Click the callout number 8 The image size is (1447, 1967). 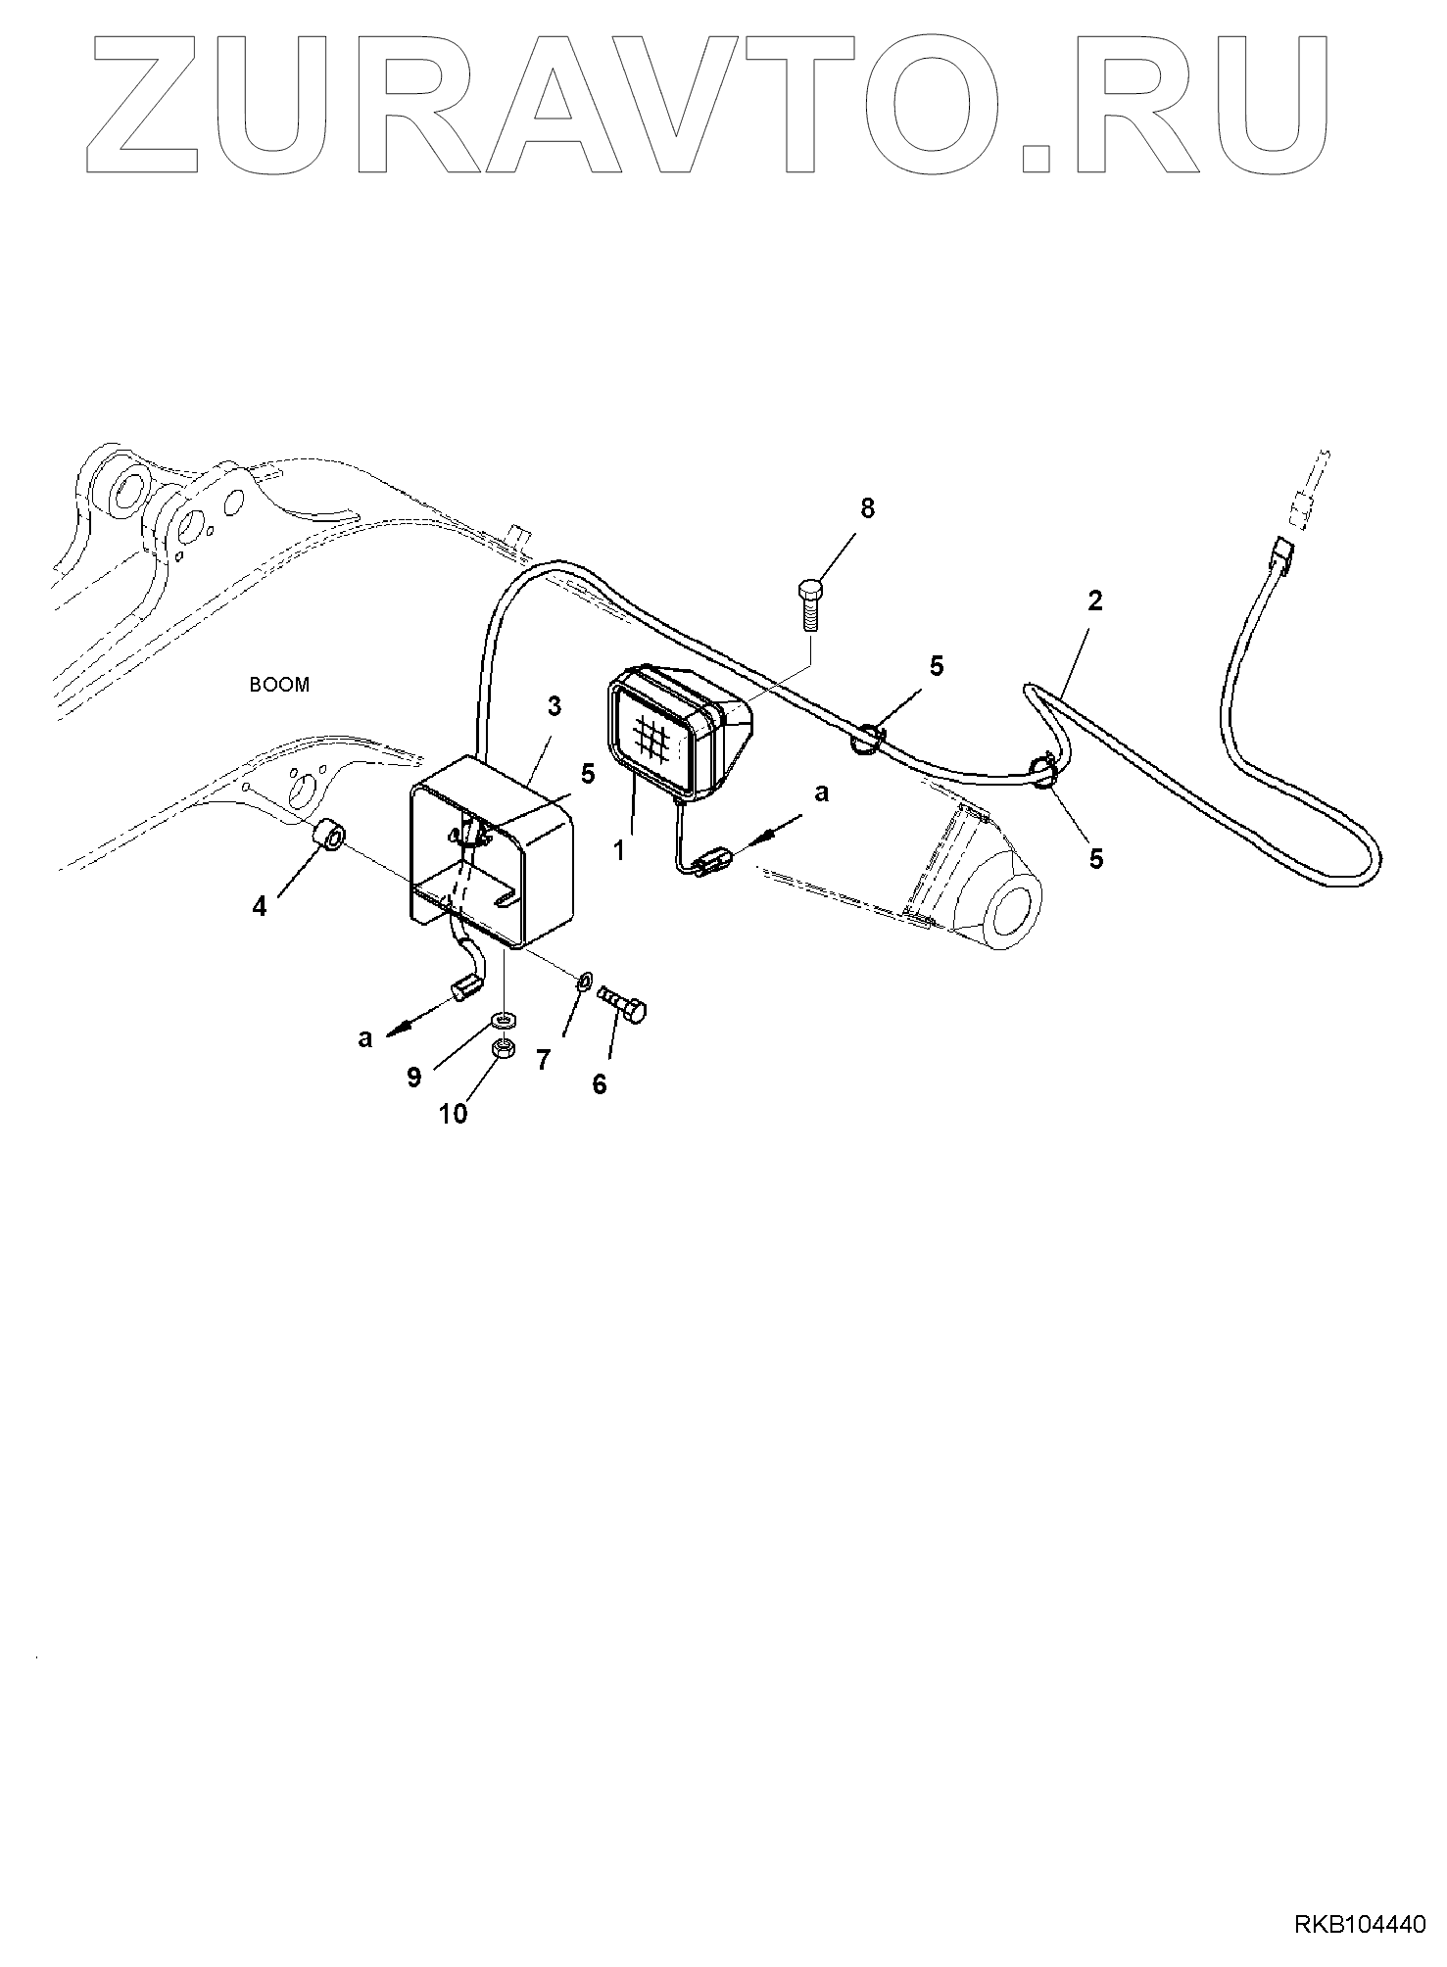click(x=867, y=508)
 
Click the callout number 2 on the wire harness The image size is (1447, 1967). click(x=1094, y=600)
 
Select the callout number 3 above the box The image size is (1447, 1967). click(x=555, y=706)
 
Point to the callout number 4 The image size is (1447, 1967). click(x=259, y=907)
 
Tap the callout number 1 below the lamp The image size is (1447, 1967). click(x=618, y=850)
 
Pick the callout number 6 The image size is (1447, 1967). click(x=600, y=1083)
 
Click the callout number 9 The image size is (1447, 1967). click(x=414, y=1078)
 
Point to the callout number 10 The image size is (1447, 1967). click(x=453, y=1114)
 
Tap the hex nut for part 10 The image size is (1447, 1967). click(x=504, y=1049)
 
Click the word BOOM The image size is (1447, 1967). click(x=279, y=685)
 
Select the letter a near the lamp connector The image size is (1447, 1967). click(x=821, y=793)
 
